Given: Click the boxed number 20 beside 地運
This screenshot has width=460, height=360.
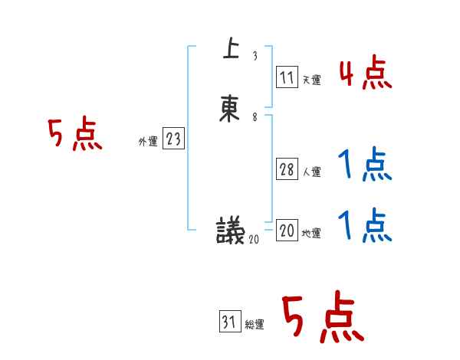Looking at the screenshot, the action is click(x=287, y=231).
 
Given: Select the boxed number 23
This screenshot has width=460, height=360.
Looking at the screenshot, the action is click(x=173, y=139).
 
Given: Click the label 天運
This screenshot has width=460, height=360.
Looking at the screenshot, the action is click(x=311, y=79).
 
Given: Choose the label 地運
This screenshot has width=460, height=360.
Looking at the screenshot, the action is click(x=311, y=233).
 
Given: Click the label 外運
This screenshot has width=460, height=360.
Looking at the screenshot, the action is click(x=148, y=142).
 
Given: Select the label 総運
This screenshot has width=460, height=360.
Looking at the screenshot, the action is click(x=255, y=325).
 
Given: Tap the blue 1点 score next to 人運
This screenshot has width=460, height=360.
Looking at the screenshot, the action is click(x=365, y=165).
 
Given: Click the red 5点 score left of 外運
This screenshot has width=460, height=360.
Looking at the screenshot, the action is click(x=74, y=136).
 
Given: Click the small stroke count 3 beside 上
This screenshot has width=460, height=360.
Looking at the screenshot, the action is click(x=255, y=57).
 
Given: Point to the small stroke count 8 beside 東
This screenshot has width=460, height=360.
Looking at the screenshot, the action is click(x=255, y=117).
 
